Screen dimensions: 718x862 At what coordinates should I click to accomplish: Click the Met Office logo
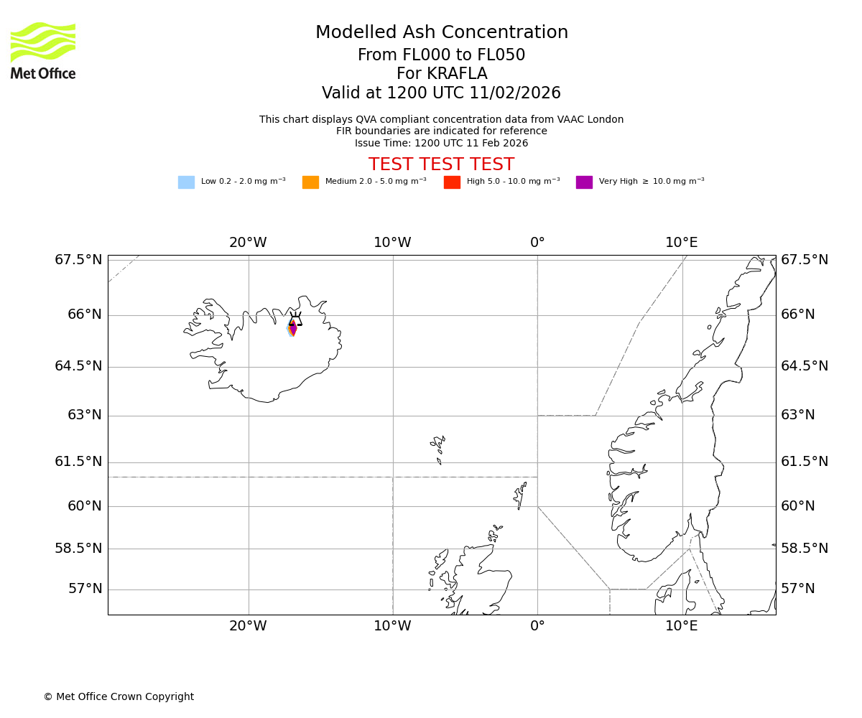[43, 50]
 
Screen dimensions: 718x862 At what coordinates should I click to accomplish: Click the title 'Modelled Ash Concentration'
[441, 33]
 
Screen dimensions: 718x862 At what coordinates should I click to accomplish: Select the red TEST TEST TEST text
[441, 164]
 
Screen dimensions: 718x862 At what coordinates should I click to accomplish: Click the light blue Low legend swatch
[186, 182]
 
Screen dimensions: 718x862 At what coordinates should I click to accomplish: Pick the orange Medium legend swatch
[310, 182]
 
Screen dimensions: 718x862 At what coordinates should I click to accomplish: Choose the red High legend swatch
[452, 182]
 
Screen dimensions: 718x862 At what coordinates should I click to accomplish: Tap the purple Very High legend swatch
[584, 182]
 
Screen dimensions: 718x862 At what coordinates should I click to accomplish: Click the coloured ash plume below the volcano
[292, 329]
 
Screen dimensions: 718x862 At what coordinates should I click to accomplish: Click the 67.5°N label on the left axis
[78, 260]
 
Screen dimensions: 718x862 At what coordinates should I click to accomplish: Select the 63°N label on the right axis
[798, 415]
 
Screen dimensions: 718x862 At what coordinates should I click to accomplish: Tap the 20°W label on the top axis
[248, 243]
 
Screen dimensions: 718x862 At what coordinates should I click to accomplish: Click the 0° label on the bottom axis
[537, 626]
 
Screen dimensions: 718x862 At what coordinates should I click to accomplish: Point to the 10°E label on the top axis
[681, 243]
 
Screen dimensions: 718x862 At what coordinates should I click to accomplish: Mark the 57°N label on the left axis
[85, 589]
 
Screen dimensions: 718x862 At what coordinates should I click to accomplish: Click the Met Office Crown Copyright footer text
[119, 697]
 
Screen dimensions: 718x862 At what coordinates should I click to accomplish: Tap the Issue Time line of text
[441, 143]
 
